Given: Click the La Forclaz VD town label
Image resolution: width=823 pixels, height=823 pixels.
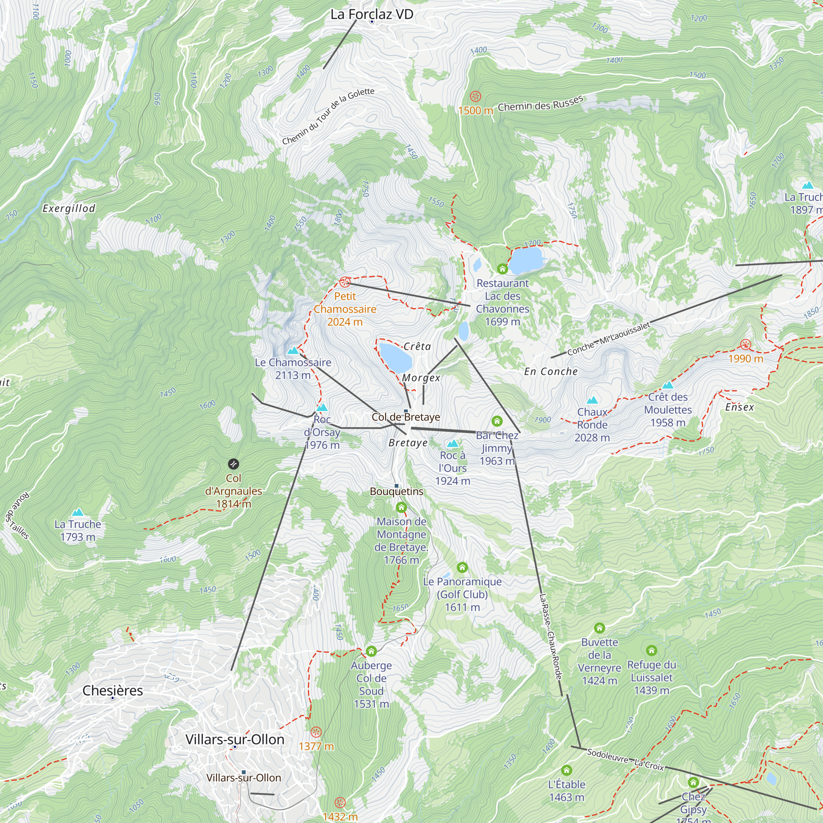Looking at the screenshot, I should tap(372, 14).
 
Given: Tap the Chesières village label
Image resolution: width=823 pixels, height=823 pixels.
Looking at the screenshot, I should tap(112, 690).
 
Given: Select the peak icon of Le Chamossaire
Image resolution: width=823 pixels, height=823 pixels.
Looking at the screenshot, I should tap(293, 351).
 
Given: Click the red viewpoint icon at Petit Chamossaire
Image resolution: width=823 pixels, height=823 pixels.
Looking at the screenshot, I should tap(344, 282).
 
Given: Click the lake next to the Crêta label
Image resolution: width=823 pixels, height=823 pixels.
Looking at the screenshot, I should tap(395, 358).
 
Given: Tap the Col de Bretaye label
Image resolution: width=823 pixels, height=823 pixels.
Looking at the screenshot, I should tap(406, 417).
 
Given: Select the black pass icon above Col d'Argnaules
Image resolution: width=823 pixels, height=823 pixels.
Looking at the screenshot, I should tap(233, 464).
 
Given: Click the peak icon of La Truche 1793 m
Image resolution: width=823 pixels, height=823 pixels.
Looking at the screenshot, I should tap(77, 512).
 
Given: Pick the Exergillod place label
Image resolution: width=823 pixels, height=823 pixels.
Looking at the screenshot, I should tap(69, 208).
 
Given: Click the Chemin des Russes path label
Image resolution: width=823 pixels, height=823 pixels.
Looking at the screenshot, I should tap(540, 104).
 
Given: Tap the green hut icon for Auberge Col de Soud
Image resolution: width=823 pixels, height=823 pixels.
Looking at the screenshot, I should tap(371, 651).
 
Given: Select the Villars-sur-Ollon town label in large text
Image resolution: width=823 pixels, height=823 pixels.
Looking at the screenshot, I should tap(235, 739).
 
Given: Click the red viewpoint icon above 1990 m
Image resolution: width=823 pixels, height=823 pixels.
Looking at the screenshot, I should tap(746, 344).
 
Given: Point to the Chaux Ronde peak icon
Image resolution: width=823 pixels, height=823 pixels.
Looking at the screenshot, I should tap(592, 400).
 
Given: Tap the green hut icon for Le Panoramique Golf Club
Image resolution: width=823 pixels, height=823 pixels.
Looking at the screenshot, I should tap(462, 567).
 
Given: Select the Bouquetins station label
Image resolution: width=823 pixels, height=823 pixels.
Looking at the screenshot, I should tap(397, 491).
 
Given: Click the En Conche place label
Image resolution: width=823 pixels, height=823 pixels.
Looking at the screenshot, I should tap(551, 372).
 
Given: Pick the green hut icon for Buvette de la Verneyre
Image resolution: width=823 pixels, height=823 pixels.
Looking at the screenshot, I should tap(600, 628).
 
